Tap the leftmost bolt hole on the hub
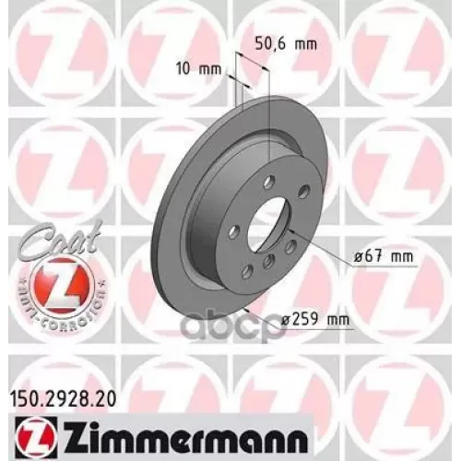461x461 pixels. click(234, 230)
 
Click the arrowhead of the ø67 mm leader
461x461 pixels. click(290, 230)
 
